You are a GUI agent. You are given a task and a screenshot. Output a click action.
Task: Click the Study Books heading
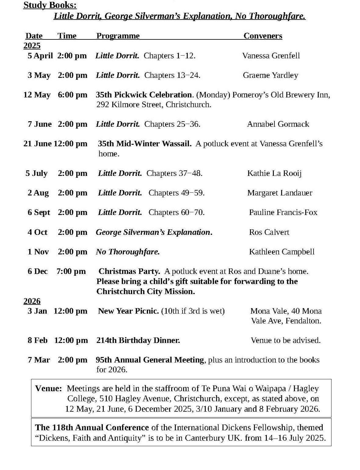point(50,5)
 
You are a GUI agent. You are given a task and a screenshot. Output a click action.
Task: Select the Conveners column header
point(263,36)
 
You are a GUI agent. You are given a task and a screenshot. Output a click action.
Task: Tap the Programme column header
point(118,36)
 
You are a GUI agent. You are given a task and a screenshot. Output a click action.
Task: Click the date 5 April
point(40,56)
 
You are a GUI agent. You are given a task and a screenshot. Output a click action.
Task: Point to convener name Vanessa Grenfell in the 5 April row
point(271,56)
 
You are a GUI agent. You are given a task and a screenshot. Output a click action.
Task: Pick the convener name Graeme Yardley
point(270,75)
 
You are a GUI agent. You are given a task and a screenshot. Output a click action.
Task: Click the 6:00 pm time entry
point(72,95)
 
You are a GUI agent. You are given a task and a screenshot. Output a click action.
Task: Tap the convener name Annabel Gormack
point(278,124)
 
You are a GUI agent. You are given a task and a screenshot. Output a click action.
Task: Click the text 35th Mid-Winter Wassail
point(145,144)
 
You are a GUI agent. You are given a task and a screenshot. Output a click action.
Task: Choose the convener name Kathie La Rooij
point(274,173)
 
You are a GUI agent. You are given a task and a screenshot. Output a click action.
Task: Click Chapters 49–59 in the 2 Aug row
point(176,193)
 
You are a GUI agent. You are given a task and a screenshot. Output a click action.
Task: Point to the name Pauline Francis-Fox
point(283,212)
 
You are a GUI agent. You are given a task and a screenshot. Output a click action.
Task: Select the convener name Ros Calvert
point(269,232)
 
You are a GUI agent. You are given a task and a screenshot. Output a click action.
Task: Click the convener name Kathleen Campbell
point(282,252)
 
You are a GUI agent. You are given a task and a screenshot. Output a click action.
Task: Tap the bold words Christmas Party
point(129,271)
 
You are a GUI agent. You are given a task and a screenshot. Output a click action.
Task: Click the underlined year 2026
point(32,301)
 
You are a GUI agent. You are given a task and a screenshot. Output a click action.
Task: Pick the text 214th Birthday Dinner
point(138,340)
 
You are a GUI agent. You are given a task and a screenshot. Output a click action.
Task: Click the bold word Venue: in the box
point(49,388)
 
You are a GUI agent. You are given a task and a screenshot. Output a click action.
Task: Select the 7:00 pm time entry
point(71,271)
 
